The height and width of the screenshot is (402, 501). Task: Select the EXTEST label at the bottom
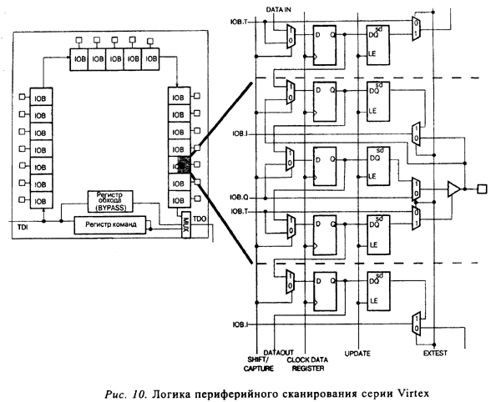[x=435, y=354]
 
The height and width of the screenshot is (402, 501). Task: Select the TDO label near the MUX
[x=200, y=219]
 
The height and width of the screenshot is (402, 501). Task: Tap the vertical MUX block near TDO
[x=185, y=228]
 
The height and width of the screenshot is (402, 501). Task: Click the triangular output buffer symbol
[x=453, y=188]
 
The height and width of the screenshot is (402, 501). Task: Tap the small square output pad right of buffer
[x=480, y=188]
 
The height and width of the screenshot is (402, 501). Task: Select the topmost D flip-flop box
[x=324, y=43]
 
